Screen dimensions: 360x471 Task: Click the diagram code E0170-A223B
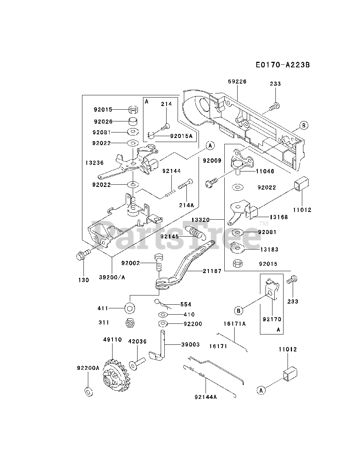(x=283, y=65)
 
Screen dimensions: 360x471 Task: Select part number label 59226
(x=237, y=82)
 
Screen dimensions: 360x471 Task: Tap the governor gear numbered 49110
(x=115, y=375)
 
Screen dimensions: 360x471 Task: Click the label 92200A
(x=88, y=368)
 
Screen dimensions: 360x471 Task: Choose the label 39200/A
(x=112, y=277)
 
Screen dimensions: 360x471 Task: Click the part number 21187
(x=212, y=271)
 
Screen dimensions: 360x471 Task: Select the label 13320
(x=200, y=220)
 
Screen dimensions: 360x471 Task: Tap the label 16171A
(x=235, y=323)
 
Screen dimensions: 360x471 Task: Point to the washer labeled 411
(x=130, y=309)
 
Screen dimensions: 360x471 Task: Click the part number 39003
(x=190, y=344)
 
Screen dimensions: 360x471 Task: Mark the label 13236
(x=95, y=163)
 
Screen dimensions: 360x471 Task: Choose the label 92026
(x=103, y=121)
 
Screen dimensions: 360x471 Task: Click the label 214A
(x=186, y=205)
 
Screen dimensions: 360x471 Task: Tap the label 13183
(x=269, y=249)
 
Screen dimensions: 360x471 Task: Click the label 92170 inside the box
(x=272, y=319)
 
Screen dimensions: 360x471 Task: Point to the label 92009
(x=212, y=160)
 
